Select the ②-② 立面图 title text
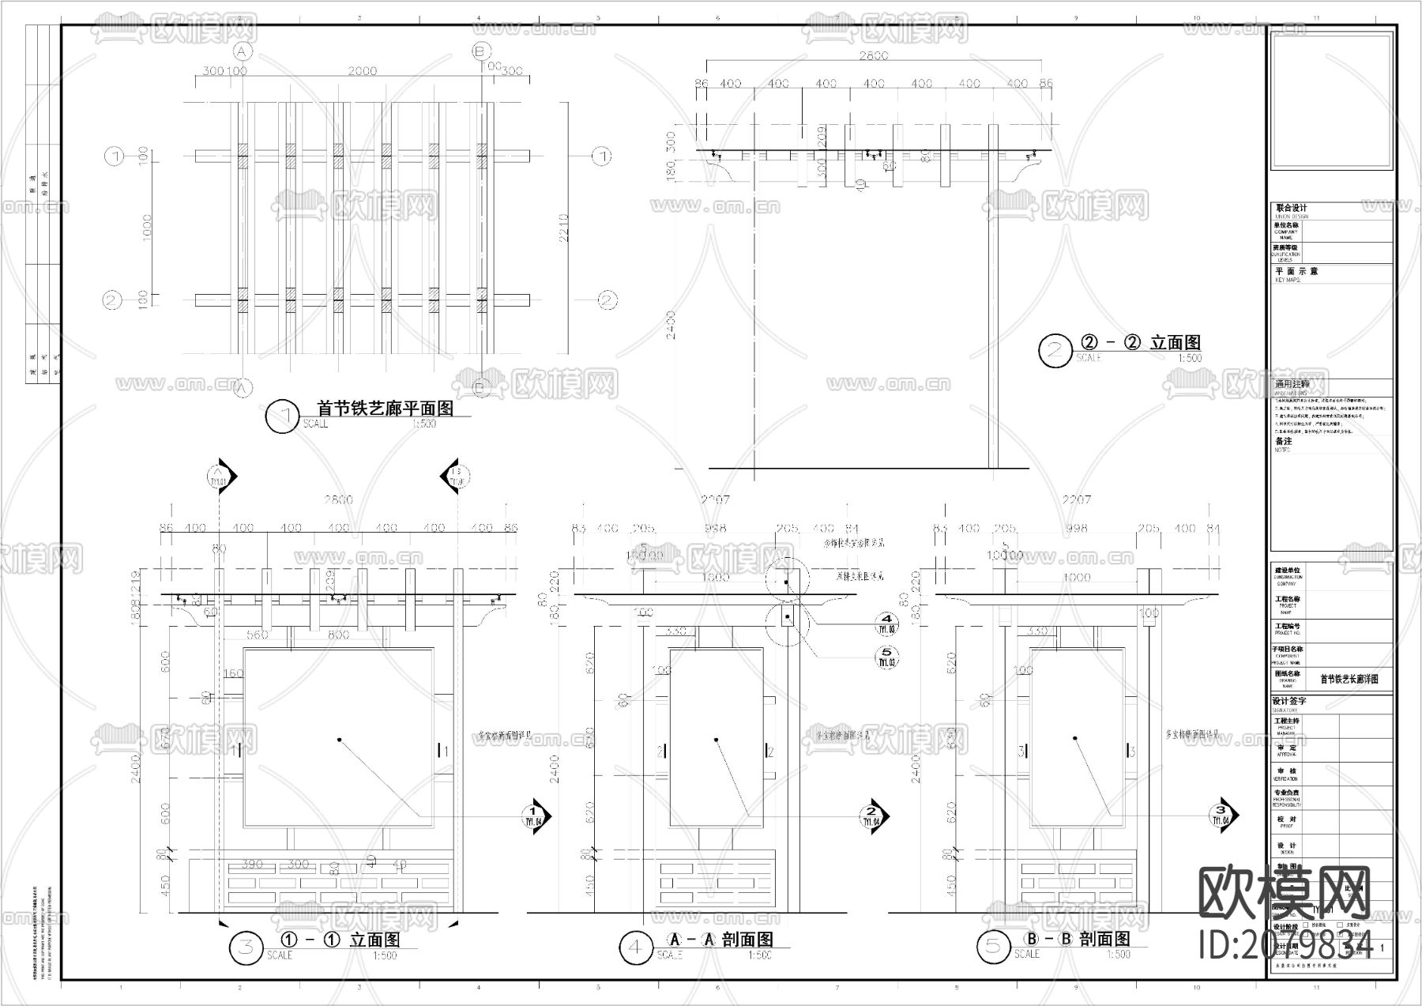point(1140,343)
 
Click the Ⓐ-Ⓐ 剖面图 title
point(720,940)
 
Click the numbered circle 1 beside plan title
point(283,416)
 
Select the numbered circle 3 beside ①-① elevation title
point(246,948)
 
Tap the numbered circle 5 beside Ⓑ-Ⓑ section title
point(992,948)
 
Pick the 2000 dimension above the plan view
point(362,71)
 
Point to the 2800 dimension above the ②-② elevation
point(874,55)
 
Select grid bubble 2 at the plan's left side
point(111,300)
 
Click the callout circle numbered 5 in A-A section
point(886,657)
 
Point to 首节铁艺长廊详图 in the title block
point(1349,679)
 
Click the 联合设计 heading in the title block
point(1292,208)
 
